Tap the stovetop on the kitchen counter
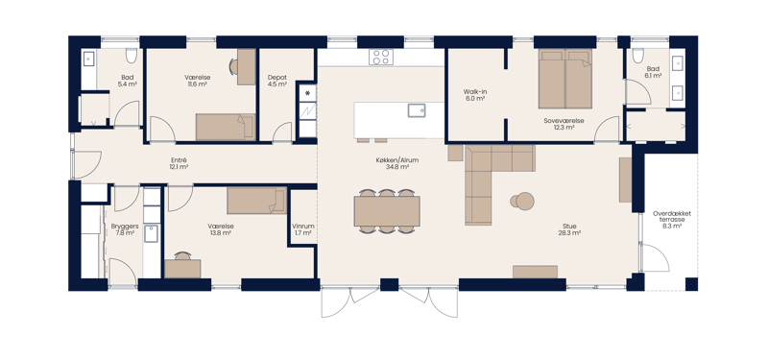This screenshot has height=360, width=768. tap(381, 57)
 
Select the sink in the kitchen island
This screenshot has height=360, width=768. tap(417, 110)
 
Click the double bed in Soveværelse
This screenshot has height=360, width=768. tap(565, 79)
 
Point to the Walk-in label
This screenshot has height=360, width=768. tap(475, 91)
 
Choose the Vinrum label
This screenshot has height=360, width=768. tap(302, 227)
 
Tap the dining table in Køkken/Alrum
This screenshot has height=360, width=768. tap(387, 211)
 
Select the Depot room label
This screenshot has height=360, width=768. tap(277, 78)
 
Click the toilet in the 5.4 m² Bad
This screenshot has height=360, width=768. tap(131, 56)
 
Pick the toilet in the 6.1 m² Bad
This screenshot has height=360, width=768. tap(637, 56)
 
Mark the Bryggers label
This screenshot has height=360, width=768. tap(125, 227)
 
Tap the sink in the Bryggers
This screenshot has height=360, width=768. tap(152, 233)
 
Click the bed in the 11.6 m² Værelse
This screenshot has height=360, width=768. tap(226, 127)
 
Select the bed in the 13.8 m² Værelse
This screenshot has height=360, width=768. tap(256, 201)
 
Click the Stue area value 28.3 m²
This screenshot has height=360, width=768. tap(569, 233)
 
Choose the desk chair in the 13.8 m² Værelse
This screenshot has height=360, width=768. tap(182, 255)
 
